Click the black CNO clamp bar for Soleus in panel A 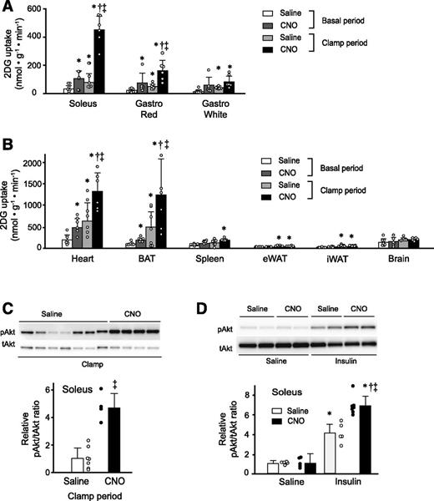click(100, 60)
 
